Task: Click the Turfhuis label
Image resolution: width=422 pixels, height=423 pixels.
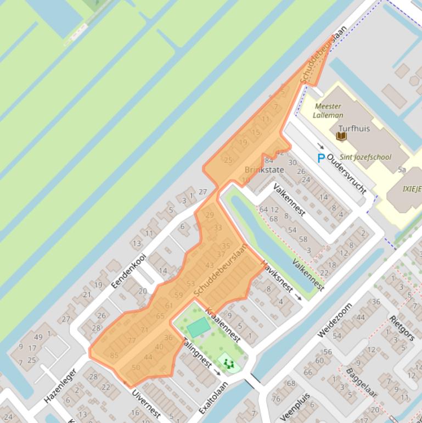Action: point(354,129)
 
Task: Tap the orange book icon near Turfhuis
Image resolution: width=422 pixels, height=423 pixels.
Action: point(341,135)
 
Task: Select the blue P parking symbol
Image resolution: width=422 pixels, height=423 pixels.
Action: point(321,158)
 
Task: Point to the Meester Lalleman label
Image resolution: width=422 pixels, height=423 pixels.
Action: point(328,110)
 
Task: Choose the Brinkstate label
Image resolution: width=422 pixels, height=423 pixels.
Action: point(264,170)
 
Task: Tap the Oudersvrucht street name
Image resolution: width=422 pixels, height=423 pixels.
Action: point(346,173)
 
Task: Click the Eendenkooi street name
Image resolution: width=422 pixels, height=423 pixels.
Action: point(128,270)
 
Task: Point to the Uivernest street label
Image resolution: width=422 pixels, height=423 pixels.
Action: point(146,405)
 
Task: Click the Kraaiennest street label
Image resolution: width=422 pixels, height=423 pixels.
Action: point(223,325)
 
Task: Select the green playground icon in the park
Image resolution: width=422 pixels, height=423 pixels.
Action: point(228,363)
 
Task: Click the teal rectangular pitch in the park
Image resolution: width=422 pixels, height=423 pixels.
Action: point(198,328)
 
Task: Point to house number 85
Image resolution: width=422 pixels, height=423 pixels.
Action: point(114,355)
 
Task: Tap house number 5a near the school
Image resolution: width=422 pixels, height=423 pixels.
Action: point(402,170)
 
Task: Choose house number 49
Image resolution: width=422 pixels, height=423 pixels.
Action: point(38,337)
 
